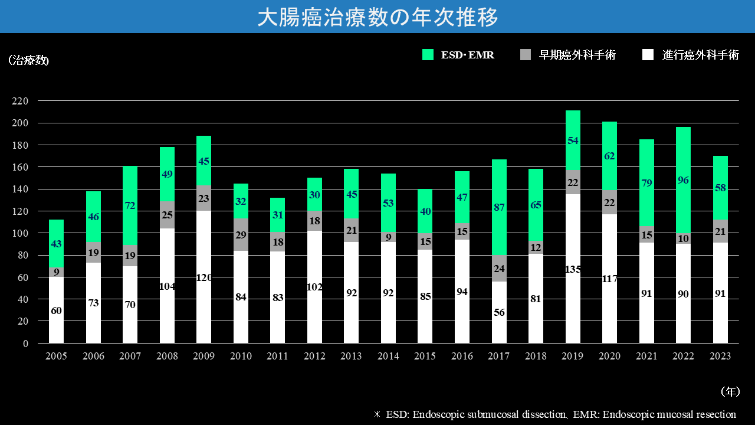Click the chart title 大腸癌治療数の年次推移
coord(377,17)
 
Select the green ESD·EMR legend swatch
coord(428,55)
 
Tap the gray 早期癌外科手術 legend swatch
coord(526,55)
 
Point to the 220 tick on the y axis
coord(21,101)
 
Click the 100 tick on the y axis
coord(21,233)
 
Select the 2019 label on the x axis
coord(573,356)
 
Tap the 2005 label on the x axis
coord(56,356)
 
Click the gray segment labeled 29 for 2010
coord(241,235)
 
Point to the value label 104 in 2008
coord(167,286)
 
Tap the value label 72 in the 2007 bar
coord(130,206)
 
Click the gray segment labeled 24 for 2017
coord(499,268)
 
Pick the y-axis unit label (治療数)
coord(28,61)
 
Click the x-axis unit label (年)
coord(730,391)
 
